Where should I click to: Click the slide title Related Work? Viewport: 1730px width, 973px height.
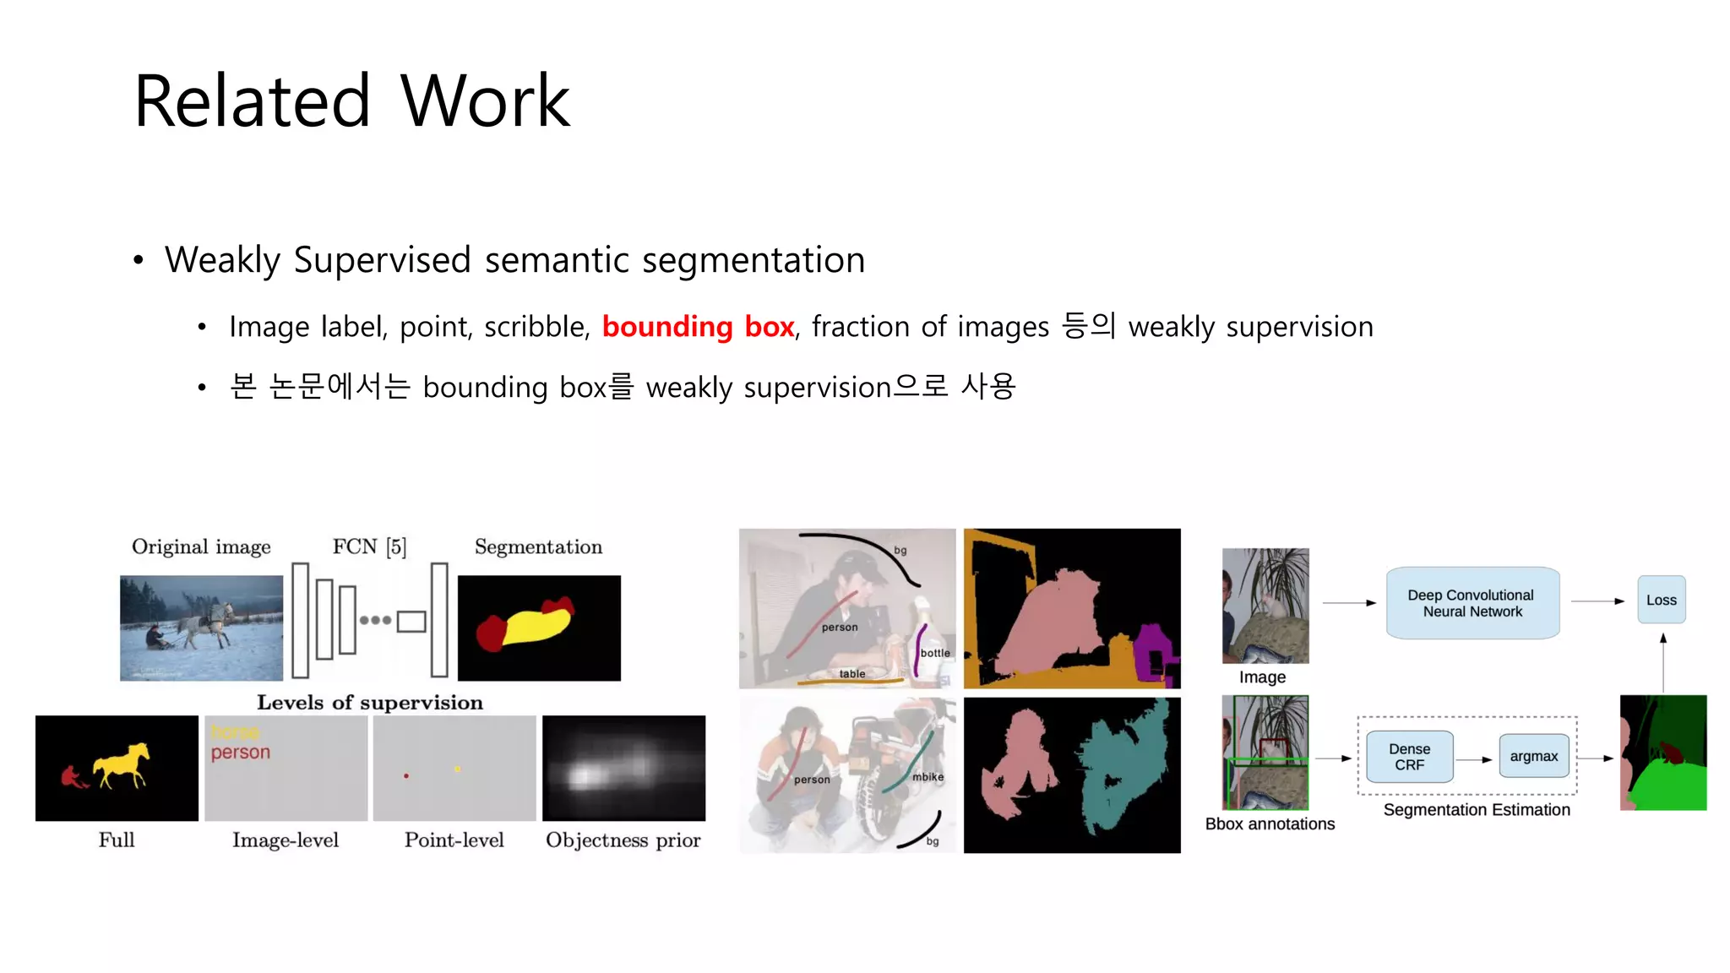click(x=351, y=101)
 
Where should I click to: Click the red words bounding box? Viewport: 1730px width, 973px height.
click(x=698, y=327)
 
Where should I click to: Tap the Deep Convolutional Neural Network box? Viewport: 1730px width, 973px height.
click(x=1472, y=603)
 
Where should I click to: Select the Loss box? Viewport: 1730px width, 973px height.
click(x=1661, y=601)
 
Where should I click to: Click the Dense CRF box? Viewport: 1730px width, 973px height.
click(x=1409, y=757)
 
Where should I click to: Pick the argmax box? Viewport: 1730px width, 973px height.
click(x=1533, y=756)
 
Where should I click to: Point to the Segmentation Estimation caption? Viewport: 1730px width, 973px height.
click(x=1476, y=810)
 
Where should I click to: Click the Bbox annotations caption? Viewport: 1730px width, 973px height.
click(x=1269, y=824)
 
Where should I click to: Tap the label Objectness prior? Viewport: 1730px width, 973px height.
click(x=623, y=840)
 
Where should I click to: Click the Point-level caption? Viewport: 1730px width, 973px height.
click(x=454, y=840)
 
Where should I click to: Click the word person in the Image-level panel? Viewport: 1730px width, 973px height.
click(x=241, y=753)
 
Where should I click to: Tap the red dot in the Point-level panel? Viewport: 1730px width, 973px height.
click(x=406, y=775)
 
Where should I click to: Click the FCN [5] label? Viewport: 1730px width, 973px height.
click(x=369, y=547)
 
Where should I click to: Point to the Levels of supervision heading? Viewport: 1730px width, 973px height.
click(x=370, y=703)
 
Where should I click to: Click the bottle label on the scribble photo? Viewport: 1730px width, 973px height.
click(x=934, y=653)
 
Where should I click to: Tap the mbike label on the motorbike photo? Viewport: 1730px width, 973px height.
click(x=928, y=777)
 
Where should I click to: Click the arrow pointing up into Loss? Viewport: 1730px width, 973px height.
click(x=1662, y=662)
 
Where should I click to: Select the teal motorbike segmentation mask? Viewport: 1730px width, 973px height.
click(x=1119, y=769)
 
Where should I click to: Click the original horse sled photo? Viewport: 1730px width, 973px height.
click(x=201, y=628)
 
